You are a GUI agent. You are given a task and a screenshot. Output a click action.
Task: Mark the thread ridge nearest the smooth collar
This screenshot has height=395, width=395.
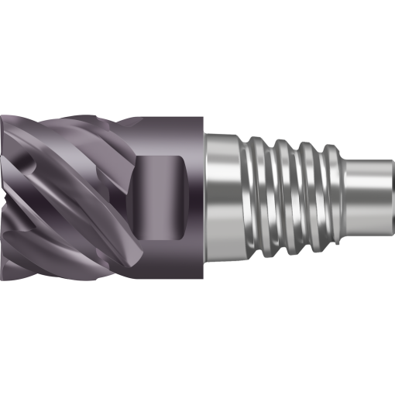(256, 197)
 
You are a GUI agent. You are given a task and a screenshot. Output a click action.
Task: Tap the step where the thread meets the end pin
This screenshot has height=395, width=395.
(345, 197)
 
